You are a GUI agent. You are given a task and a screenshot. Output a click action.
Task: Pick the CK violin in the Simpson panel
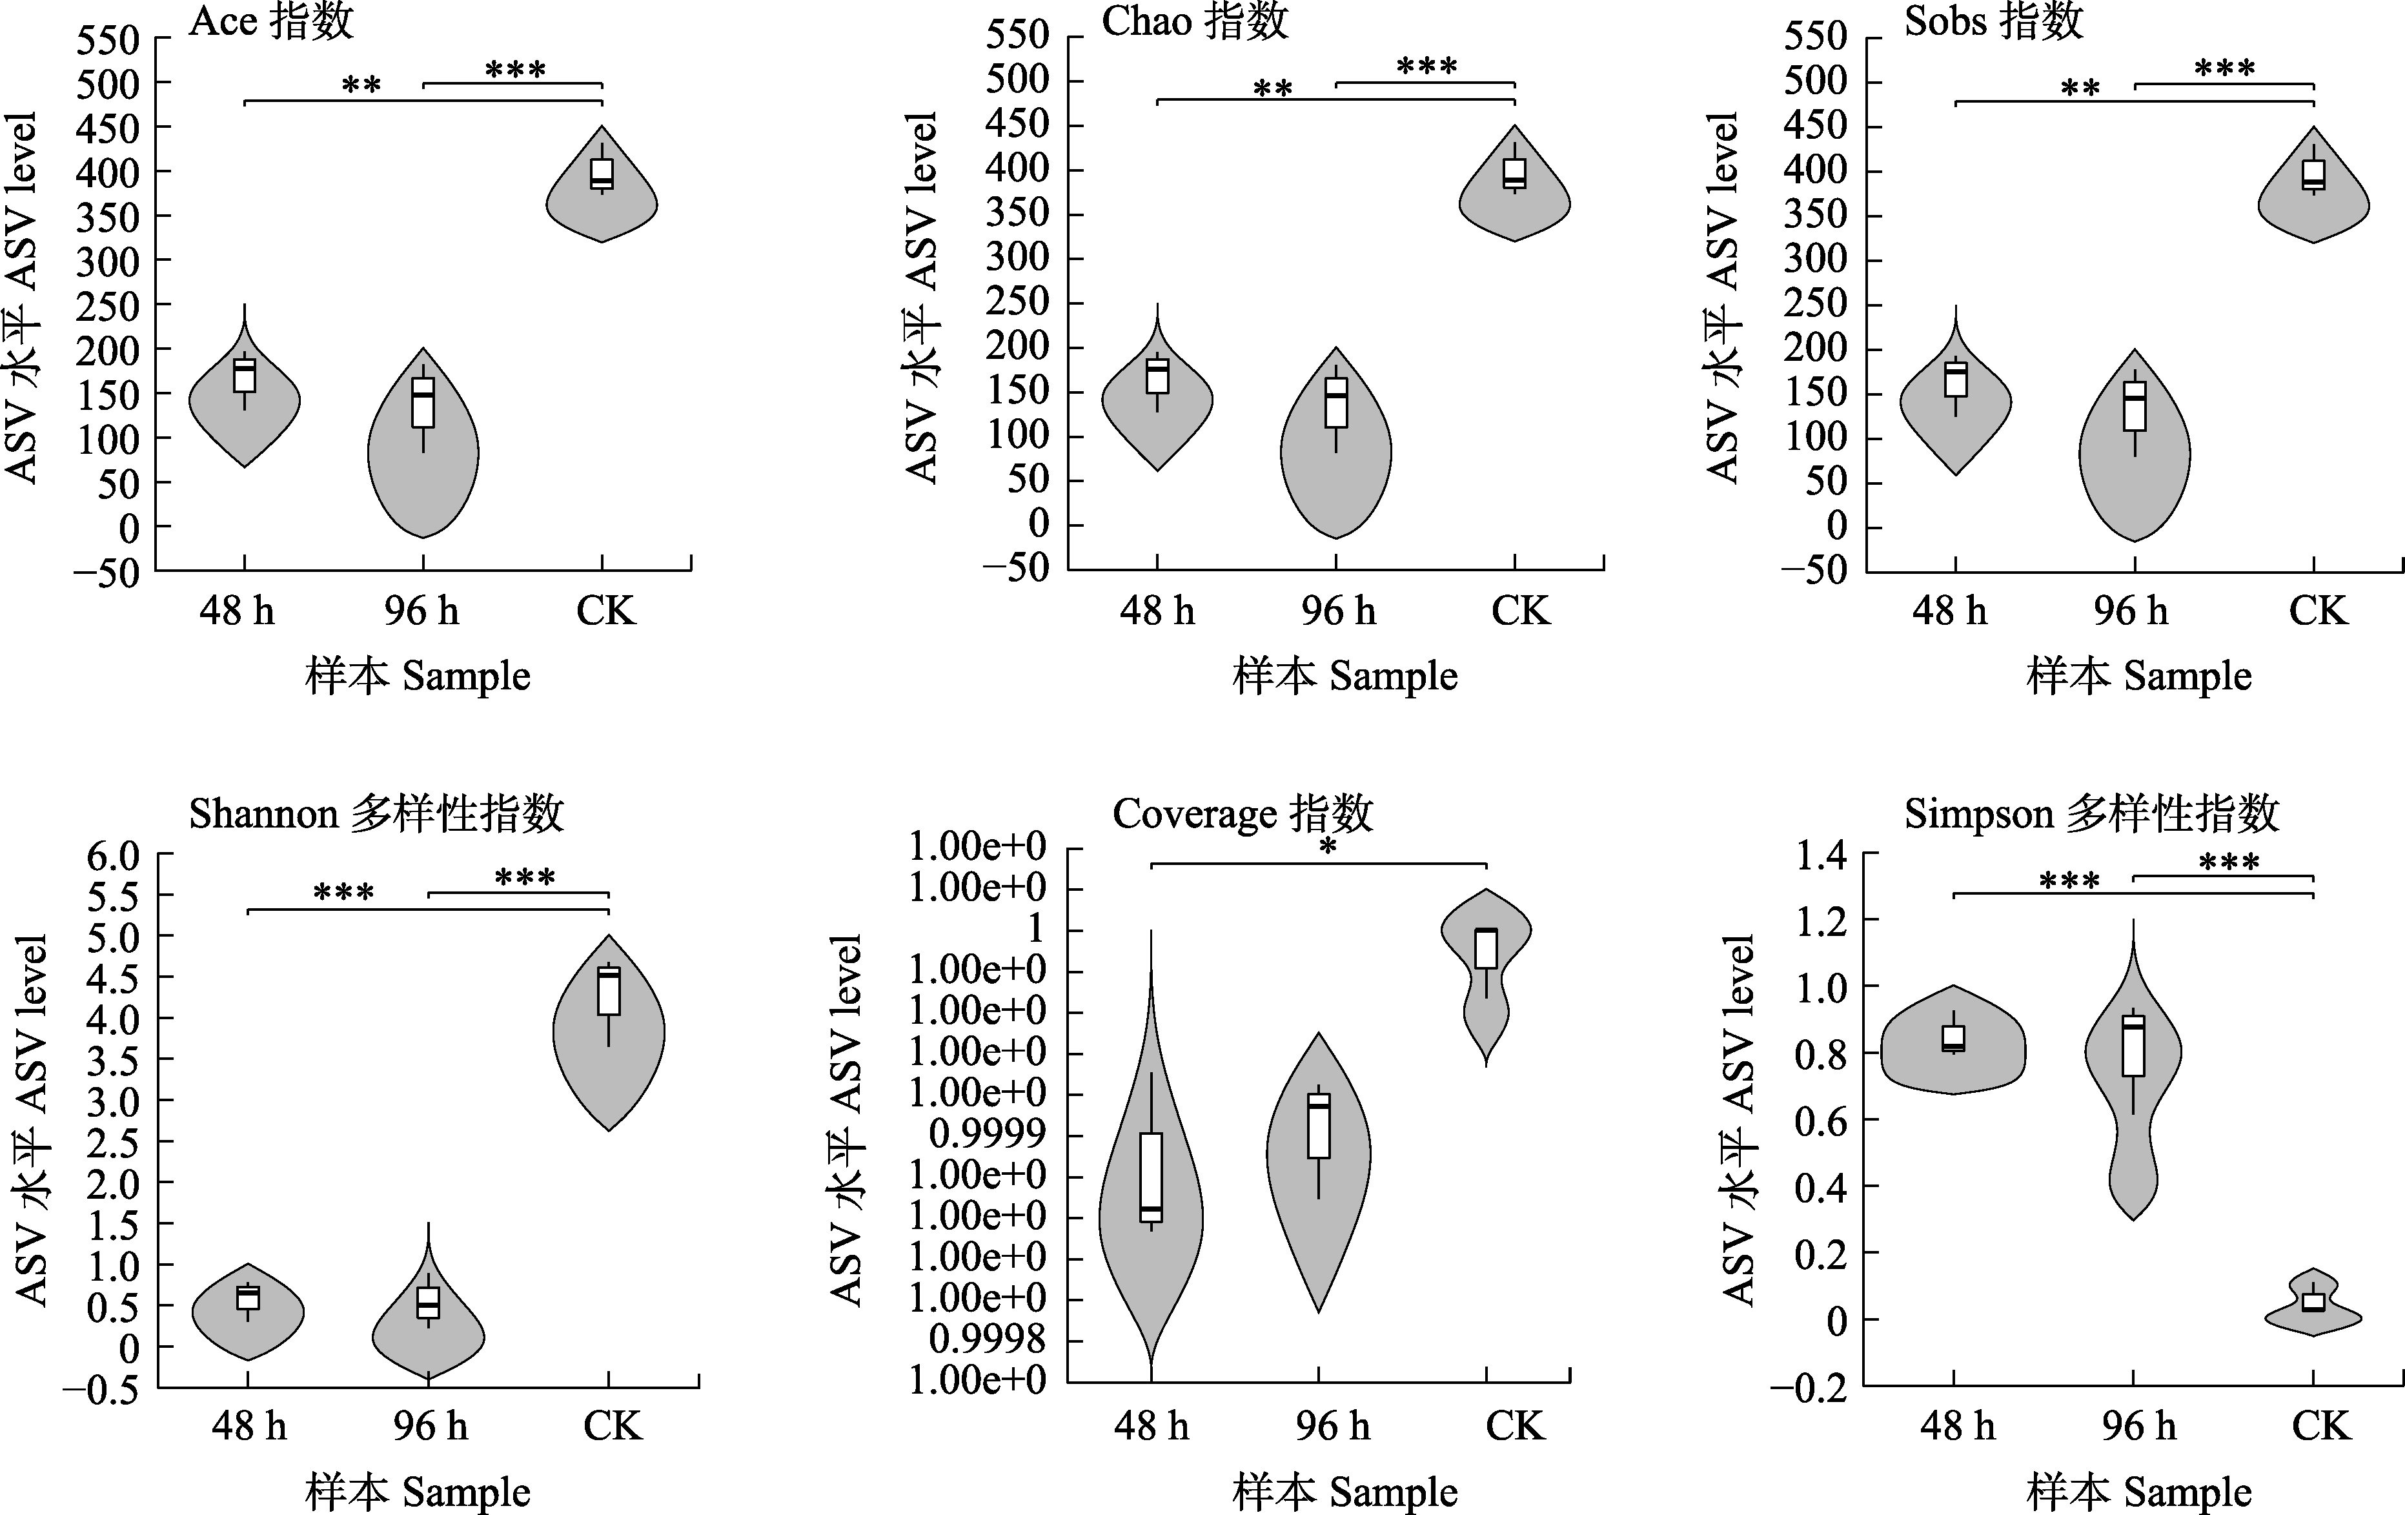click(x=2313, y=1310)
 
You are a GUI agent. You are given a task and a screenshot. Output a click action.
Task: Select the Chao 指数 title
click(x=1195, y=22)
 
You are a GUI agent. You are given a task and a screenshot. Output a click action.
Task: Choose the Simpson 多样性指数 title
click(x=2091, y=814)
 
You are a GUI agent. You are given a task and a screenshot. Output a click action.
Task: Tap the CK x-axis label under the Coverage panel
click(x=1514, y=1425)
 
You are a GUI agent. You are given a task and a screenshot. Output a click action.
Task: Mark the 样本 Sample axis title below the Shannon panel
click(x=418, y=1492)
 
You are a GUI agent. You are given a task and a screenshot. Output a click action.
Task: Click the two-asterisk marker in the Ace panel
click(x=361, y=85)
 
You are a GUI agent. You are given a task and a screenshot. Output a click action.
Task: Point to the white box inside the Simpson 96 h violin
click(x=2133, y=1046)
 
